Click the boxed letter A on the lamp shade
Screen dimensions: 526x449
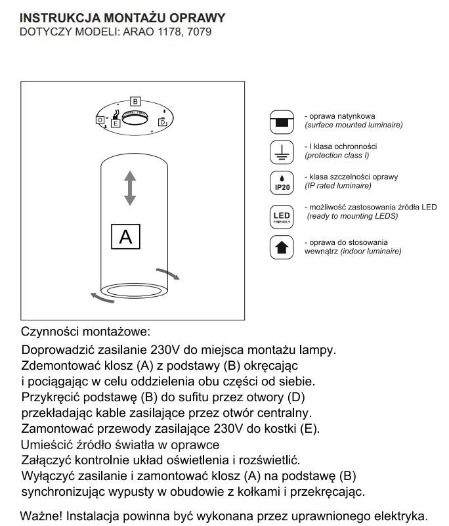pos(125,236)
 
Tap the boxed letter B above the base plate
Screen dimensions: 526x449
pos(135,102)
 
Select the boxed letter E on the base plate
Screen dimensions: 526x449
pos(116,123)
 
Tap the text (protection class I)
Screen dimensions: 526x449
pos(337,156)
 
